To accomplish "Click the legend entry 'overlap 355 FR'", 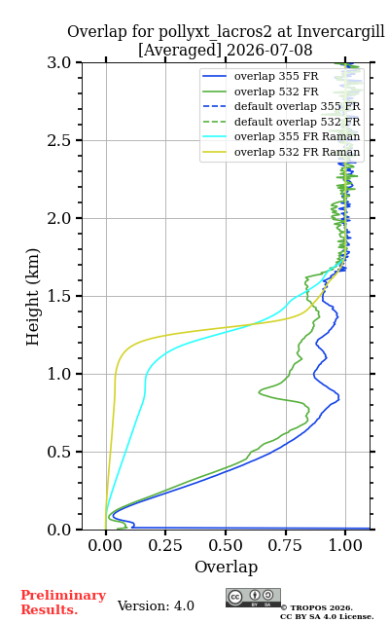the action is [x=276, y=76].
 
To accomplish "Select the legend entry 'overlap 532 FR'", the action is [x=276, y=92].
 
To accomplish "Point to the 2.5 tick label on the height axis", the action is [x=59, y=140].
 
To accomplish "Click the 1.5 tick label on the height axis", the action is [x=59, y=296].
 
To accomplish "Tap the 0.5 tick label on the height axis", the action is [x=59, y=452].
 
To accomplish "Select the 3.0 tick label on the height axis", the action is [x=59, y=62].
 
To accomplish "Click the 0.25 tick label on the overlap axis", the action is [x=165, y=545].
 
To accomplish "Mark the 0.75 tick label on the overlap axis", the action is [x=285, y=545].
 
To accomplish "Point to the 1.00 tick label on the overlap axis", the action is [x=345, y=545].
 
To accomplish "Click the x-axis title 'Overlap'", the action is [x=227, y=567].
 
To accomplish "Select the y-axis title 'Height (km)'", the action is [x=33, y=297].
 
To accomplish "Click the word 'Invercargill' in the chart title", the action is [x=341, y=32].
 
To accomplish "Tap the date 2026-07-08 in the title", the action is [x=269, y=50].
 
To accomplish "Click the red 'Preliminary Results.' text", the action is [x=63, y=602].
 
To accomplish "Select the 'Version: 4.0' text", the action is [x=156, y=605].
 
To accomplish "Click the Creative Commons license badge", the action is [x=253, y=598].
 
